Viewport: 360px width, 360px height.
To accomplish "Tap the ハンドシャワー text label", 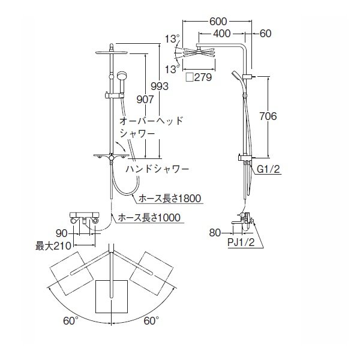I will tap(157, 170).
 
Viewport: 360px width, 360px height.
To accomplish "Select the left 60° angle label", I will tap(71, 321).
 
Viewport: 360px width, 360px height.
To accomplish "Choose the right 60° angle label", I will tap(151, 321).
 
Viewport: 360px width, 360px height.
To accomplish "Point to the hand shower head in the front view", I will tap(121, 77).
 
